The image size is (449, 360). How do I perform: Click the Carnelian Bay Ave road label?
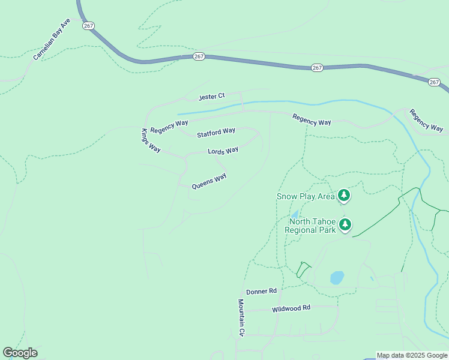[52, 39]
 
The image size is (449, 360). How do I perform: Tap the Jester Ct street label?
[212, 96]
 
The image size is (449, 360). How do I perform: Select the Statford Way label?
[216, 131]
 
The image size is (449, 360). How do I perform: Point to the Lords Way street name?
[223, 151]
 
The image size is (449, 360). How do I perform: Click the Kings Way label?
[151, 141]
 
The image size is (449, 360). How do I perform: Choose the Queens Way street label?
[209, 181]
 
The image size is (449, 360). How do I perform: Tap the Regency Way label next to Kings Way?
[169, 127]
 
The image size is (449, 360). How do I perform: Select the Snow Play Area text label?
[306, 196]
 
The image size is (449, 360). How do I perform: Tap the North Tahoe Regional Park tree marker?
[345, 224]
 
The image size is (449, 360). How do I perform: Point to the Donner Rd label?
[261, 291]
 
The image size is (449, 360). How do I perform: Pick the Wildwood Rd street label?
[291, 308]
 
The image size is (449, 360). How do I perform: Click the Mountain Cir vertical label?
[241, 317]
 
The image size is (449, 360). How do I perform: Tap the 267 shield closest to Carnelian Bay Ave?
[89, 26]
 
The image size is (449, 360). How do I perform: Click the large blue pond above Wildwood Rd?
[337, 278]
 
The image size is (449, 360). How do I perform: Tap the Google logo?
[20, 353]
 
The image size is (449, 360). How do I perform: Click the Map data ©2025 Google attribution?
[412, 355]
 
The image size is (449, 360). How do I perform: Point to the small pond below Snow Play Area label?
[294, 214]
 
